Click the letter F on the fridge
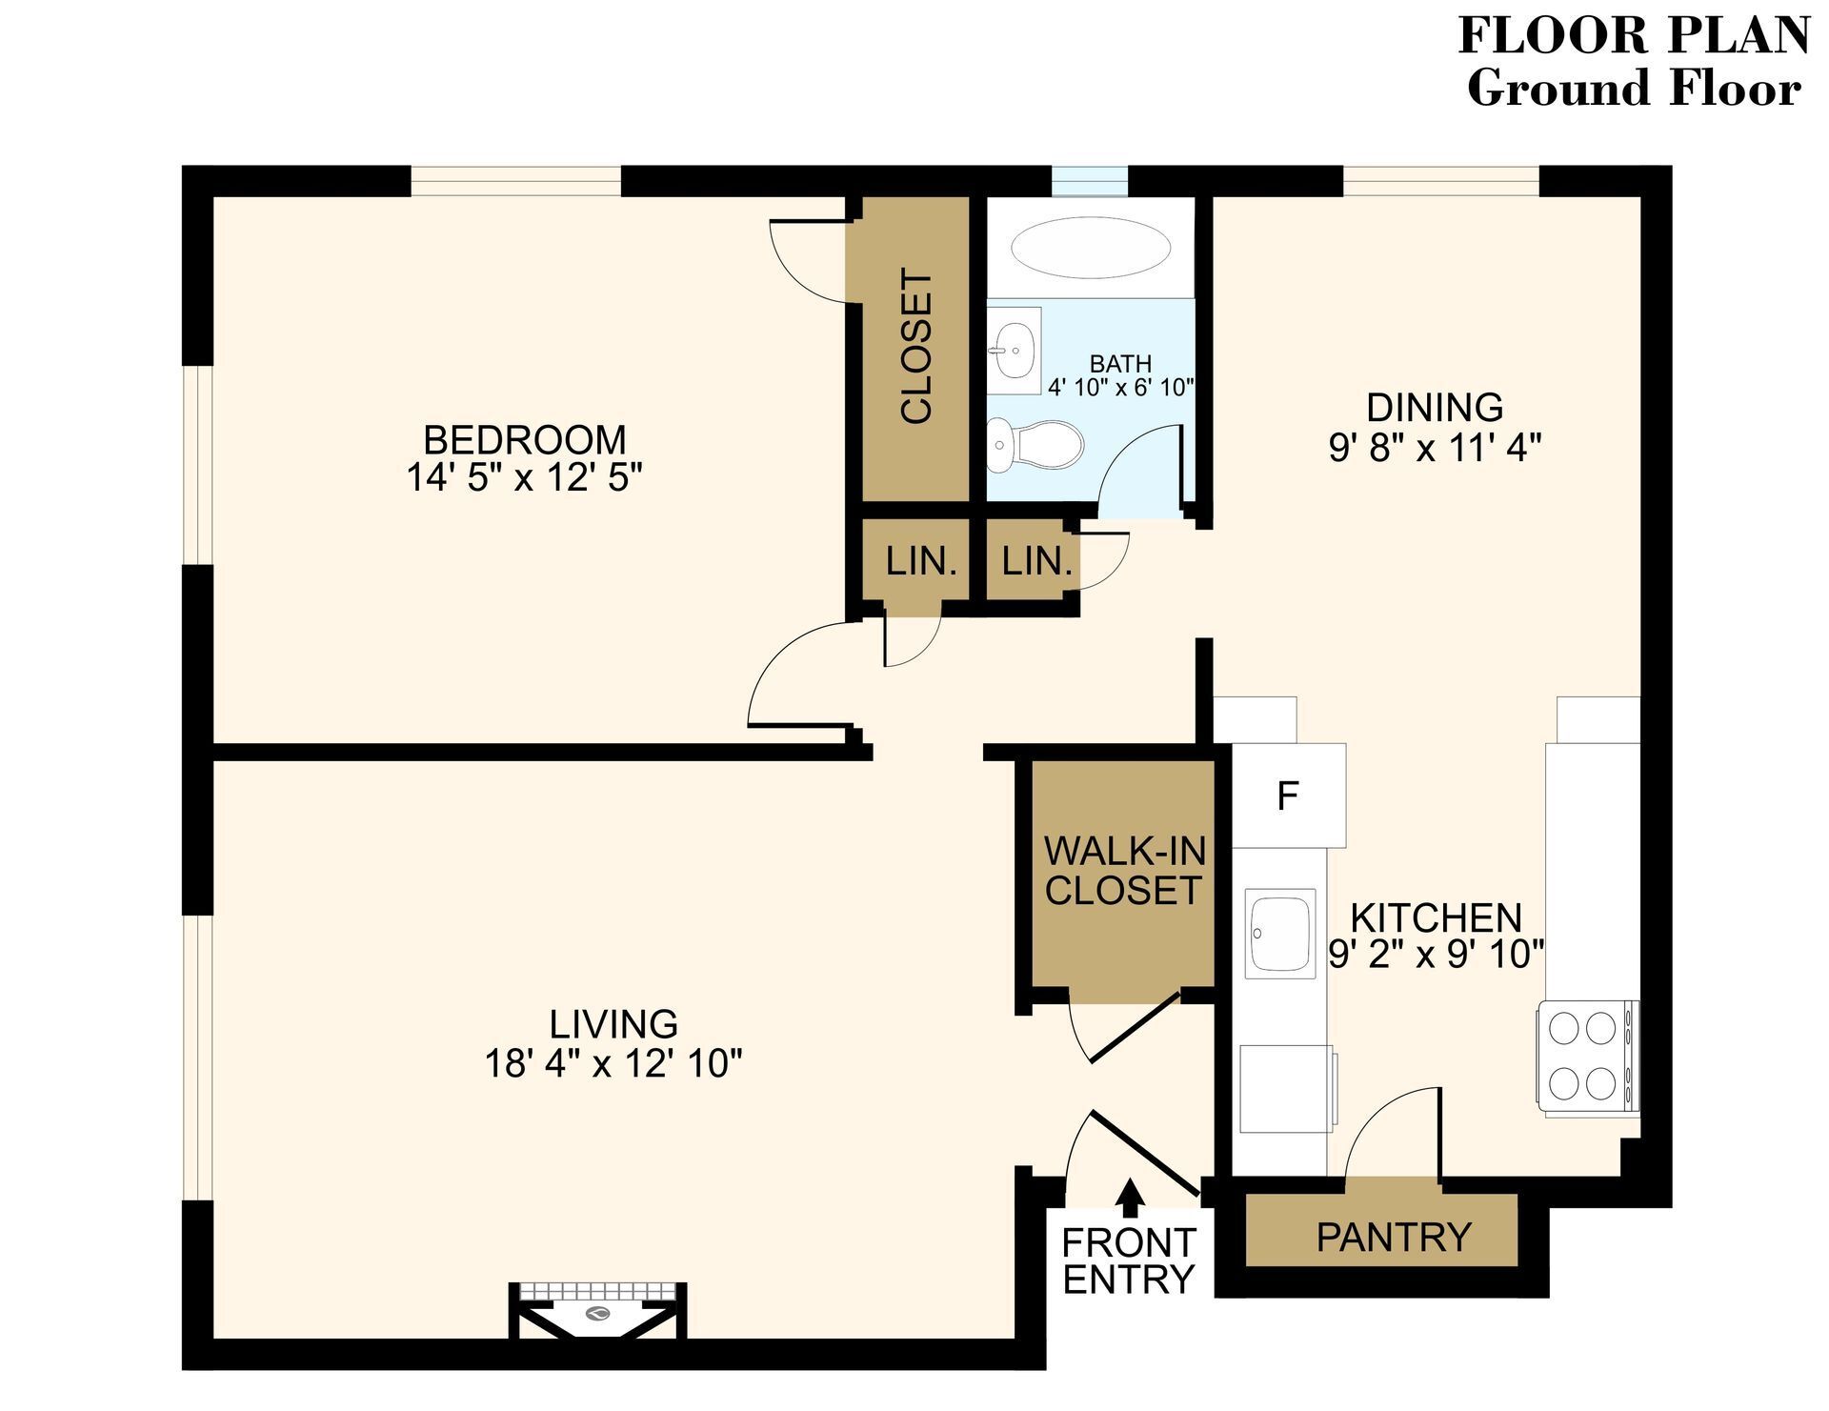coord(1288,796)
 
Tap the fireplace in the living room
coord(598,1312)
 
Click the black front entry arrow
coord(1130,1198)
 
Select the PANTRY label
coord(1394,1237)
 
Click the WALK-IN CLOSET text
coord(1123,870)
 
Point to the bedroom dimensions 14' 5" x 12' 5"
coord(525,477)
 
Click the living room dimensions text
coord(613,1062)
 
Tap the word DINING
coord(1435,407)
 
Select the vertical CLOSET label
coord(916,347)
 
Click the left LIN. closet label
coord(920,561)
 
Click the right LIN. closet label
coord(1036,561)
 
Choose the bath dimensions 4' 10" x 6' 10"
coord(1120,387)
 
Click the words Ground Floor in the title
coord(1633,88)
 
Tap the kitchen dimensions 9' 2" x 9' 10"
coord(1436,954)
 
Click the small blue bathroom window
coord(1089,180)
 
